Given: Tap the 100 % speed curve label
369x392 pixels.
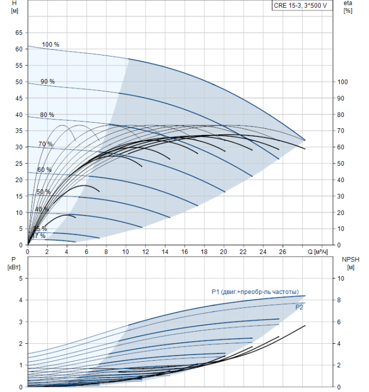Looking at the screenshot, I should (50, 44).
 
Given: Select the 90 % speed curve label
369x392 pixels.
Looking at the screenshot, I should (48, 82).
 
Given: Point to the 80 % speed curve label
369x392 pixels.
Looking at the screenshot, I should (47, 115).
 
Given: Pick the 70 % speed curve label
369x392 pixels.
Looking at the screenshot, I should (45, 144).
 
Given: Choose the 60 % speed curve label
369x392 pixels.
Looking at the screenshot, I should (44, 170).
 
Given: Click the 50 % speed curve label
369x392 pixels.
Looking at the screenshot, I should (43, 192).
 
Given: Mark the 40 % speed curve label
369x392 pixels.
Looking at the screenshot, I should (41, 209).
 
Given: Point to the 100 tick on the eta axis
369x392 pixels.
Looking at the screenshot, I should (342, 82).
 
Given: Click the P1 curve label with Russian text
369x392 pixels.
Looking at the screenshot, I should (255, 291).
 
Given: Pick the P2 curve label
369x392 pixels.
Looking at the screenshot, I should (300, 307).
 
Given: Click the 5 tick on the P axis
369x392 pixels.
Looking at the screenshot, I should (20, 278).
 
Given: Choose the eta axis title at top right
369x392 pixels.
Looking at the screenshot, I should (347, 7).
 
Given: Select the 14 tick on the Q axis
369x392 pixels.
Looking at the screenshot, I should (165, 251).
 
